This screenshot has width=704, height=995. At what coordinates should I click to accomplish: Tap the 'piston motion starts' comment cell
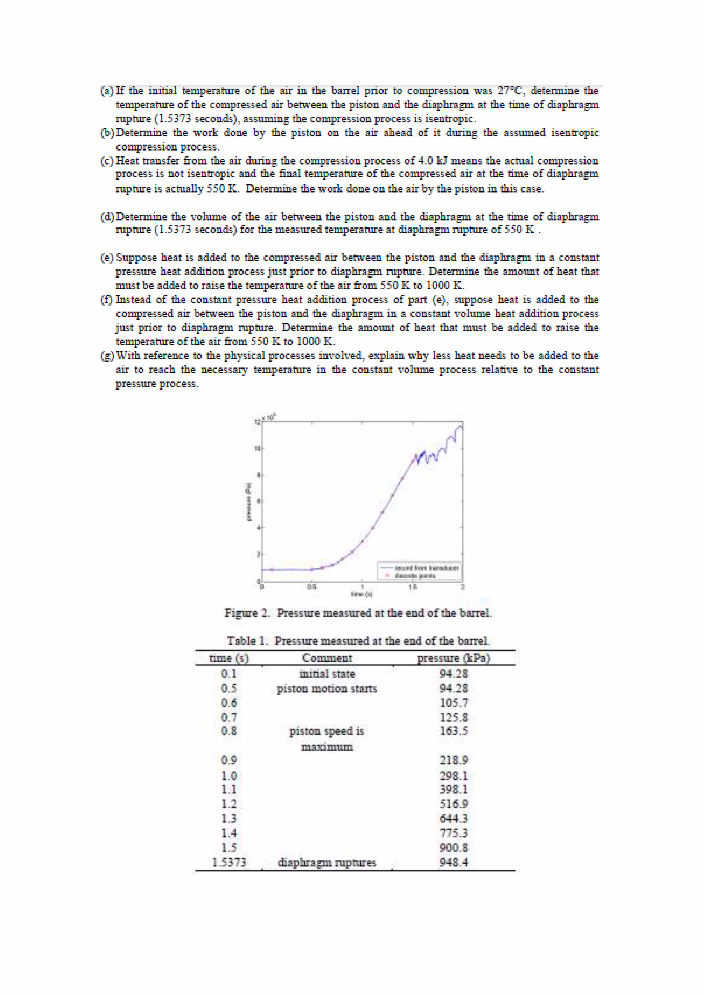[x=327, y=689]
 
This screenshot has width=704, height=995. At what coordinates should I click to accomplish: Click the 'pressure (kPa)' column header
[x=453, y=658]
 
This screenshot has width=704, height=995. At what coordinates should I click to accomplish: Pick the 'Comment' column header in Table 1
[x=327, y=658]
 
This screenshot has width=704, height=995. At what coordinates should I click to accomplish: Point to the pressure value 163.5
[x=453, y=731]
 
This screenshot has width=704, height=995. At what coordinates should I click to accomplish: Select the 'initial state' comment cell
[x=327, y=674]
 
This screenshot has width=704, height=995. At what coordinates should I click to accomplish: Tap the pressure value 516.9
[x=453, y=804]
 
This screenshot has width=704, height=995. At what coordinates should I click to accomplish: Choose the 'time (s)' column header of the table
[x=229, y=658]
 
